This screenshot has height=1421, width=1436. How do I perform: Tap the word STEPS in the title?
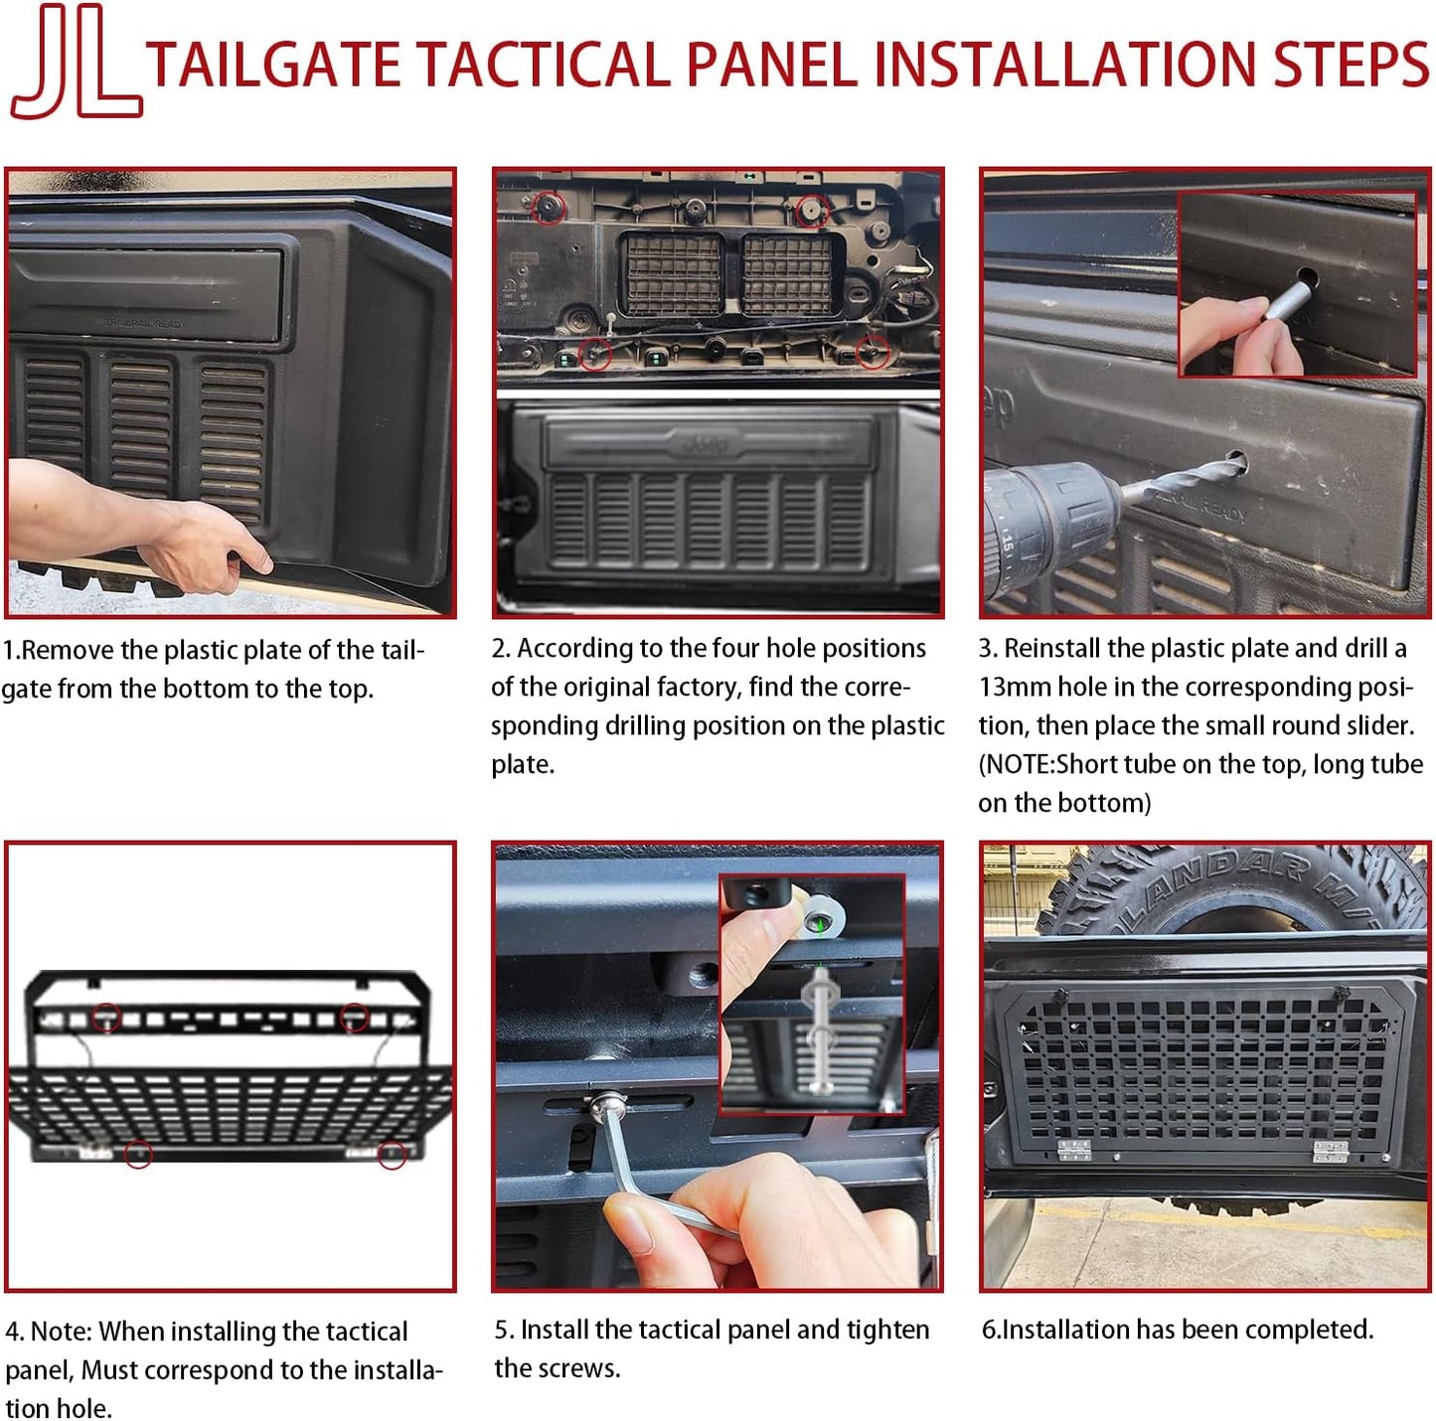click(x=1350, y=64)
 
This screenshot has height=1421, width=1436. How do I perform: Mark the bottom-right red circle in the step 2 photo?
click(x=873, y=351)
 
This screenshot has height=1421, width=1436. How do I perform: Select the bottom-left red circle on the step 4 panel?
click(x=138, y=1155)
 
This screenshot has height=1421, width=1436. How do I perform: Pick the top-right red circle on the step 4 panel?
click(x=354, y=1017)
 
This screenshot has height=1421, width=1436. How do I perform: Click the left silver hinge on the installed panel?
click(x=1074, y=1150)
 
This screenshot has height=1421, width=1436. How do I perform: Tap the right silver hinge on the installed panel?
click(x=1331, y=1152)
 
